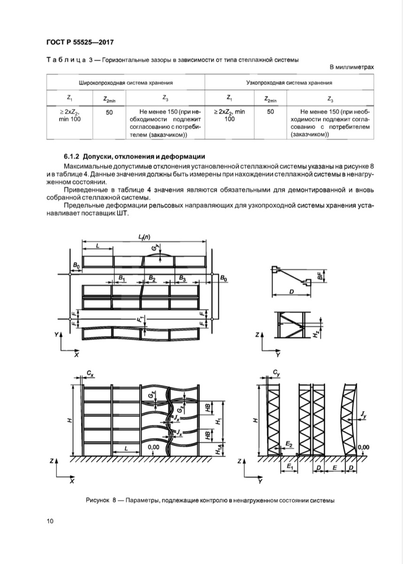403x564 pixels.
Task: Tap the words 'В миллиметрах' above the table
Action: coord(352,67)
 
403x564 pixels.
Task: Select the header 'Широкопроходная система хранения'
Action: coord(125,83)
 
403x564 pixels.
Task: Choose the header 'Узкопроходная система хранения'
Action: coord(289,83)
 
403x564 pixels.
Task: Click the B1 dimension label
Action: coord(122,279)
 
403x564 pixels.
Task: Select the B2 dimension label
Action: coord(152,279)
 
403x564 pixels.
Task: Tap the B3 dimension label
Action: coord(182,279)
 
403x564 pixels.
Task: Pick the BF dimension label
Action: coord(320,277)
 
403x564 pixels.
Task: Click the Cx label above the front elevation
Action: coord(90,373)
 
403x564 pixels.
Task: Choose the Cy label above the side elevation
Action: coord(277,373)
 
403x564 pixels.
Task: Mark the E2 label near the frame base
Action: coord(290,444)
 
